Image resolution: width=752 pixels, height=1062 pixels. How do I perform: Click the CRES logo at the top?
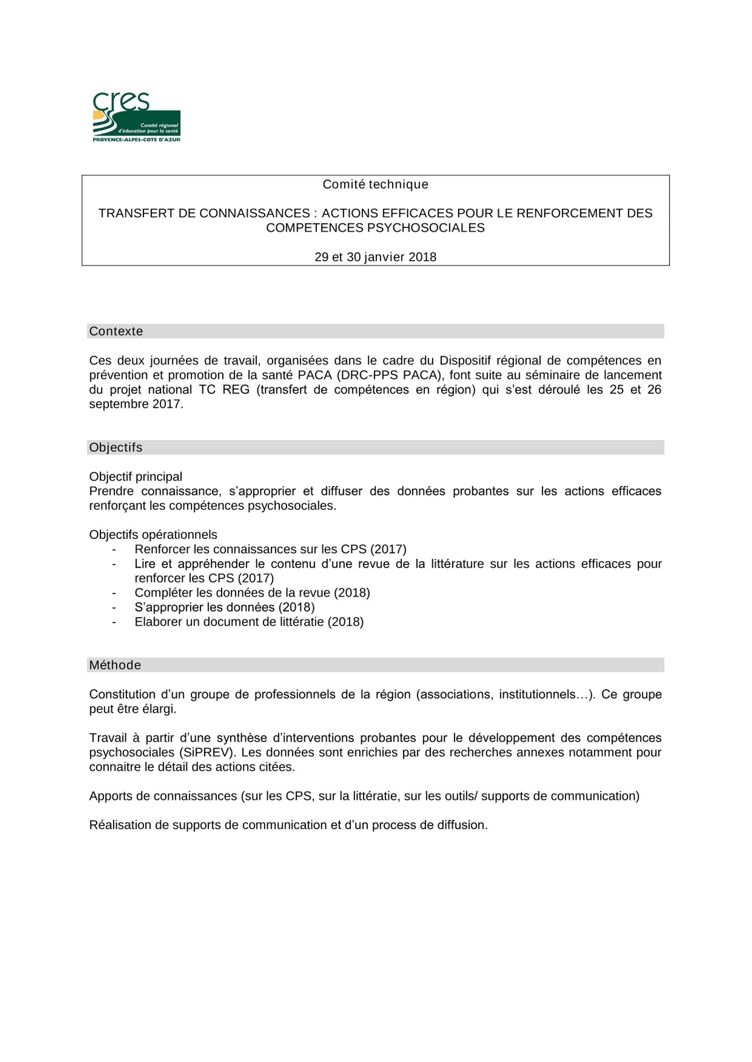tap(137, 116)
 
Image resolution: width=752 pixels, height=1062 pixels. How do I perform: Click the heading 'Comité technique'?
tap(375, 184)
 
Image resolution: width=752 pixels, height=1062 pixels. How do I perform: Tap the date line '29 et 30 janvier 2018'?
tap(375, 257)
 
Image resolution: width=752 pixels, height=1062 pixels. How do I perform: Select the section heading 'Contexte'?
tap(116, 331)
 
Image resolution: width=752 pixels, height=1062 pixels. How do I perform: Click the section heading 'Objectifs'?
tap(116, 448)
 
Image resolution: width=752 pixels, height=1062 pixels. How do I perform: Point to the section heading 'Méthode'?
tap(115, 665)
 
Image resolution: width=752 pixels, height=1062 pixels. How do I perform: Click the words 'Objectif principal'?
tap(136, 477)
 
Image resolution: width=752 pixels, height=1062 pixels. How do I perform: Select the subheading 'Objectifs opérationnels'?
tap(153, 535)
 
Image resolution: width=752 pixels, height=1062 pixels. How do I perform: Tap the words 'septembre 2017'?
tap(135, 404)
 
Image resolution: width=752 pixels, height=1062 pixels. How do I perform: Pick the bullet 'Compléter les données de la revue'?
tap(252, 593)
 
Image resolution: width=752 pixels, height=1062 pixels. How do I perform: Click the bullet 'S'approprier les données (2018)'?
tap(224, 607)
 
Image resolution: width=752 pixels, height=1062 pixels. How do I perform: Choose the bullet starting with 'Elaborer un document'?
tap(249, 622)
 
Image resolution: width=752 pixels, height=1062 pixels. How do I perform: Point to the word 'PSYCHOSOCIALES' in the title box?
tap(426, 228)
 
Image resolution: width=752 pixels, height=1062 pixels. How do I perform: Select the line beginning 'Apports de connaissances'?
tap(364, 796)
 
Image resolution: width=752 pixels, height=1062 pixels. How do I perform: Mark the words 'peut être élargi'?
tap(132, 709)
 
